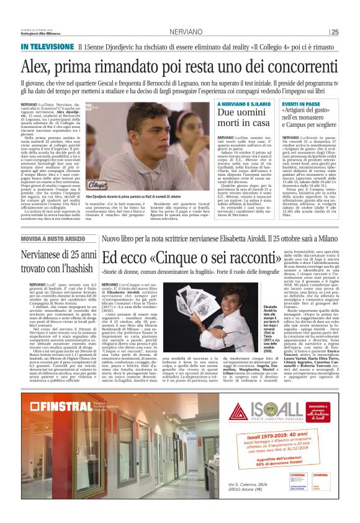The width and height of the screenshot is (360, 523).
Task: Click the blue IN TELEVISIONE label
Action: tap(47, 47)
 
